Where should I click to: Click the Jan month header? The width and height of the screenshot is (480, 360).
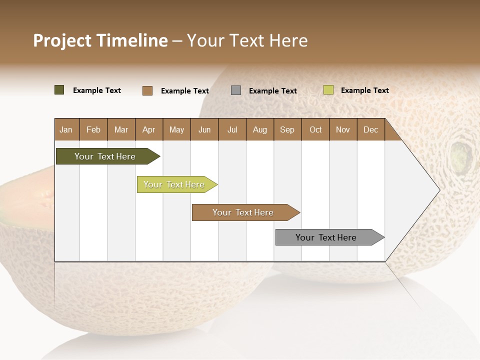66,129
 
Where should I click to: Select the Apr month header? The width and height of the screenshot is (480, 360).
148,129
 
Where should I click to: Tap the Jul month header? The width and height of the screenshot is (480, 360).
232,129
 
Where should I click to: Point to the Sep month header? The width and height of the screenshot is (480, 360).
287,129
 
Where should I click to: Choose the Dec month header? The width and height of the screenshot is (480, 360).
370,129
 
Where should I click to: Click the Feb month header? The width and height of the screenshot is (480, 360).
93,129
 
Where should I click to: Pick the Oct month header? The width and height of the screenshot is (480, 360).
315,129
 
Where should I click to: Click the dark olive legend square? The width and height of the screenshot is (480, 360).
59,90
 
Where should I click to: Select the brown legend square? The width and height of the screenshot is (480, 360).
147,90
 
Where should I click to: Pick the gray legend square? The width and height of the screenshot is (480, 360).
236,90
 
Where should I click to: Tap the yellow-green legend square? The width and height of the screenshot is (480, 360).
328,90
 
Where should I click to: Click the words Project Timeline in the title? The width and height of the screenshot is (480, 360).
100,40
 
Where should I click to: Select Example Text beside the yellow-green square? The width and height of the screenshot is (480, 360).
364,90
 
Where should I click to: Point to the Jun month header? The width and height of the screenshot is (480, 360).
204,129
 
